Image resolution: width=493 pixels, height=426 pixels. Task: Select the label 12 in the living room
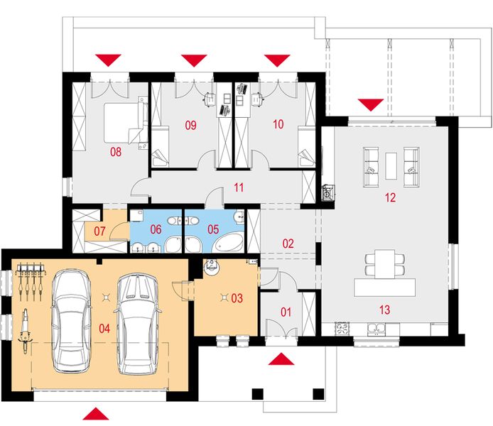(x=389, y=198)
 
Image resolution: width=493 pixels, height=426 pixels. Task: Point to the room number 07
(x=99, y=231)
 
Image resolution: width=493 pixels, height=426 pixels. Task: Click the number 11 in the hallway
(x=239, y=188)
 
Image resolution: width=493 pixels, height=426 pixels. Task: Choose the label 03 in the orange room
(x=237, y=298)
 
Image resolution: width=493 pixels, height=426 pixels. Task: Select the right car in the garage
(x=139, y=323)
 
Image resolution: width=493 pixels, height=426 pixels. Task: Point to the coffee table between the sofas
(x=391, y=164)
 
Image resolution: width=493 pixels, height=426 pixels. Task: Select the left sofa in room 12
(x=371, y=163)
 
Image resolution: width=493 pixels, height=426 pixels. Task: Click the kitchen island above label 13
(x=384, y=288)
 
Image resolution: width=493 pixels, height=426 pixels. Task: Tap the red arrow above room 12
(x=369, y=105)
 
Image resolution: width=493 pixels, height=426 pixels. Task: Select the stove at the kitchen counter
(x=342, y=328)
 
